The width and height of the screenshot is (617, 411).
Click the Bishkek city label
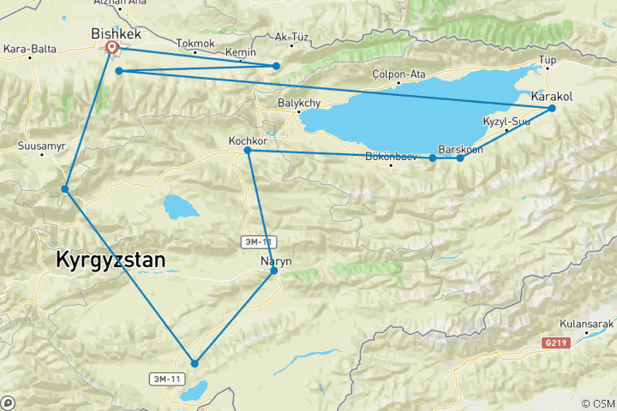point(116,33)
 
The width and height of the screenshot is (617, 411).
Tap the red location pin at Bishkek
point(112,49)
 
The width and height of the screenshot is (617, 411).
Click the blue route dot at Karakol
point(552,109)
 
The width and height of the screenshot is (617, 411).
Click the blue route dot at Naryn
point(274,271)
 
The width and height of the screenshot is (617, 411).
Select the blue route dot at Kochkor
point(248,151)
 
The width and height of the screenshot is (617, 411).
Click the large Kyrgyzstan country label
point(111,260)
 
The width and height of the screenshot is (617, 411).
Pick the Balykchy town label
point(299,104)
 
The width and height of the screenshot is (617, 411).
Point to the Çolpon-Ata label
point(399,74)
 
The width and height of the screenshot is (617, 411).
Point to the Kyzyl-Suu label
point(506,122)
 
